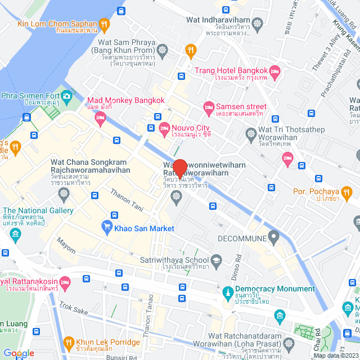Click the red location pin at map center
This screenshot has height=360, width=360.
pos(180,168)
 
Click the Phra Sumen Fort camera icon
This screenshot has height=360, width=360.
pos(67,96)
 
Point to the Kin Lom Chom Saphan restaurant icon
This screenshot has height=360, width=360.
pos(103,24)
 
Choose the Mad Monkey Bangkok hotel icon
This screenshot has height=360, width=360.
pos(101,117)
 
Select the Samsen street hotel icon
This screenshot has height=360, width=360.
pos(209,106)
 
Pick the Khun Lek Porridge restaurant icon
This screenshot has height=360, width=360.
pos(69,342)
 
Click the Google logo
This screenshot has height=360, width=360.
pos(19,353)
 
